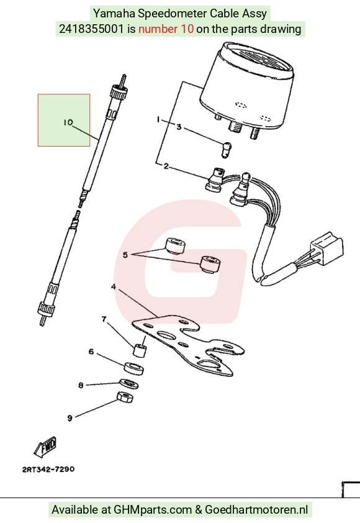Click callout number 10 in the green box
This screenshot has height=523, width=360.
point(68,123)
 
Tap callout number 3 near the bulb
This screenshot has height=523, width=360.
point(179,127)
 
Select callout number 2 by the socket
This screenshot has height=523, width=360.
point(166,166)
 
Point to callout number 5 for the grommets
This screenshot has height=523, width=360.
point(125,255)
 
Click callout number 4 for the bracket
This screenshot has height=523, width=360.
point(114,287)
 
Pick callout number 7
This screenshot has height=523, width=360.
point(104,319)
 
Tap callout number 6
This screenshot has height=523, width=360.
point(91,352)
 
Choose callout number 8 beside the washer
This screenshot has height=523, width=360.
point(81,385)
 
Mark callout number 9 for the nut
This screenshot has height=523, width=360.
point(70,418)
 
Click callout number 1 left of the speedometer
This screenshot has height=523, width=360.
point(158,119)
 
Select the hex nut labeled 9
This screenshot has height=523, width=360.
point(125,397)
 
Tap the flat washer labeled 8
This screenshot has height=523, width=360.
point(129,384)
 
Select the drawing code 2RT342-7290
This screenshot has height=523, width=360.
point(48,470)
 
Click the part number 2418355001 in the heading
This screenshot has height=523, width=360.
point(91,29)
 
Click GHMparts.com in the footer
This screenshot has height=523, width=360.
point(153,510)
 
